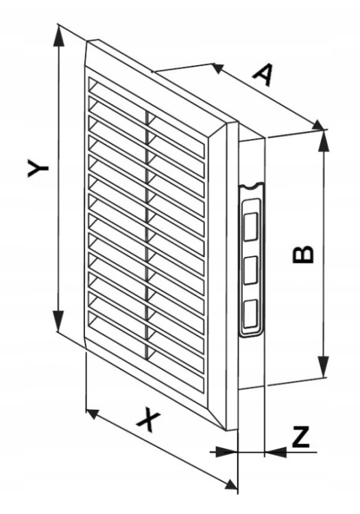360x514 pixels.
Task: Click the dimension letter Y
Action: tap(38, 168)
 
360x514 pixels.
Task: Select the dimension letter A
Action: tap(263, 75)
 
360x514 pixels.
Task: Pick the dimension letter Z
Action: tap(300, 437)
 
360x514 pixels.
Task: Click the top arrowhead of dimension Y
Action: tap(59, 36)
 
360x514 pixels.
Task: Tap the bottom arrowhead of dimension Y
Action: tap(58, 321)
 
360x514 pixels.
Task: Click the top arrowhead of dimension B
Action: tap(324, 140)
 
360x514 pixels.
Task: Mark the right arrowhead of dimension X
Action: tap(232, 484)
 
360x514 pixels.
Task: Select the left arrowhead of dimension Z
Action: tap(226, 452)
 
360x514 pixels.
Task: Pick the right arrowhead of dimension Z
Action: tap(276, 453)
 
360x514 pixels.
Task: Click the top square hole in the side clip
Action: tap(251, 226)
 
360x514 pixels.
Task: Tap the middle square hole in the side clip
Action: tap(251, 270)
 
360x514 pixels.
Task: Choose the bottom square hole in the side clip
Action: tap(250, 313)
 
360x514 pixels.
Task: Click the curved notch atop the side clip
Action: tap(252, 186)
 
